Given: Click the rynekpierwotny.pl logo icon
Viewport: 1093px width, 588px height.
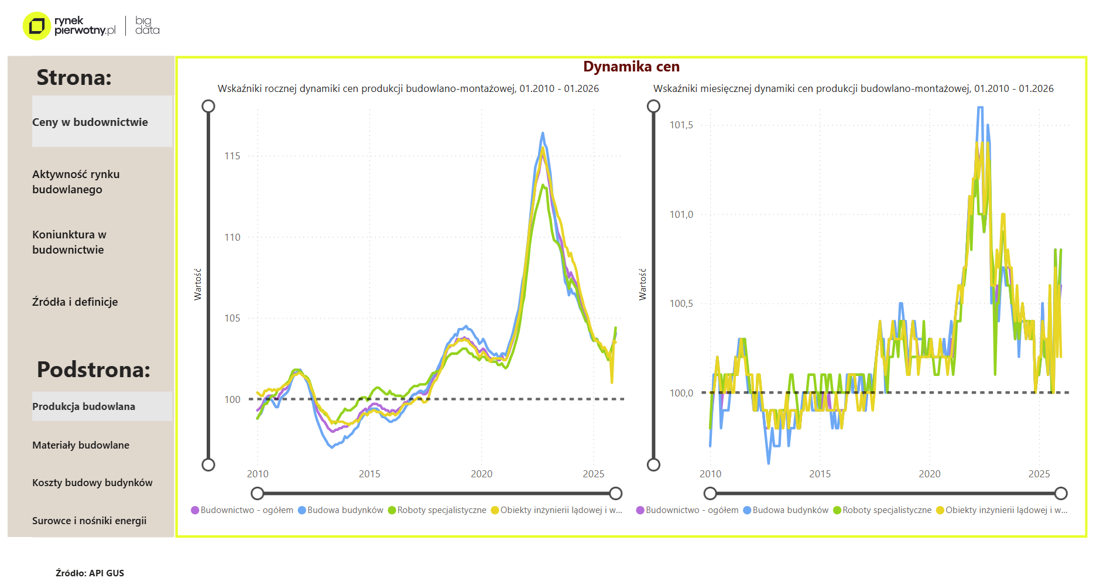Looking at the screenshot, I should (x=36, y=26).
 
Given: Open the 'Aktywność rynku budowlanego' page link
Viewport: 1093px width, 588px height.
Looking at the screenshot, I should (x=76, y=182).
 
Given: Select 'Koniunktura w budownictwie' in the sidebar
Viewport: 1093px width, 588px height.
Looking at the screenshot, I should (x=69, y=242).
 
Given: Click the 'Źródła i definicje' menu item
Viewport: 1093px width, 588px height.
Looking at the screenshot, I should (x=75, y=302).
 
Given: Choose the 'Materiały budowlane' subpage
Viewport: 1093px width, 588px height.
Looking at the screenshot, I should (x=81, y=445).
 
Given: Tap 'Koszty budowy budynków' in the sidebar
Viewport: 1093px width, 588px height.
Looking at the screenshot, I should (x=92, y=483).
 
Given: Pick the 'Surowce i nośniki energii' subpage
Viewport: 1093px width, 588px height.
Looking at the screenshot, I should (x=89, y=521).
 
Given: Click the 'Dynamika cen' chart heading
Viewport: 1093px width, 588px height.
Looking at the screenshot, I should (x=631, y=67).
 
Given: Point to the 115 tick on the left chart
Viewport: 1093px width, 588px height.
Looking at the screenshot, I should (x=232, y=156).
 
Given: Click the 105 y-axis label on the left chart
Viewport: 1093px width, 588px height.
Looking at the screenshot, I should (x=232, y=318).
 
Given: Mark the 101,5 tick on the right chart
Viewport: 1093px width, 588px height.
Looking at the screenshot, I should (x=681, y=125).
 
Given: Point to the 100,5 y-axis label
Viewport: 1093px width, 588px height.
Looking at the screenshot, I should (x=681, y=303).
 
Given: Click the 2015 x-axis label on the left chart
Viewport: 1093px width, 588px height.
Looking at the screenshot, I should (x=369, y=474).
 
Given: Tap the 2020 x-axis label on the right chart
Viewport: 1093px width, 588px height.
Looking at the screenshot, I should (x=929, y=474).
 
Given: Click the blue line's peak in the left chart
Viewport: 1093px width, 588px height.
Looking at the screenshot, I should (x=543, y=134).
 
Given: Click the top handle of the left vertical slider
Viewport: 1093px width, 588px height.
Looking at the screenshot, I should (x=208, y=106).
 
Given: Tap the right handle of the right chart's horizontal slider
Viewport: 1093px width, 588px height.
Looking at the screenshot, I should (x=1061, y=493).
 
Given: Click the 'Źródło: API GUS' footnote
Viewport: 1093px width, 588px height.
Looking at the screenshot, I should (x=90, y=573).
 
